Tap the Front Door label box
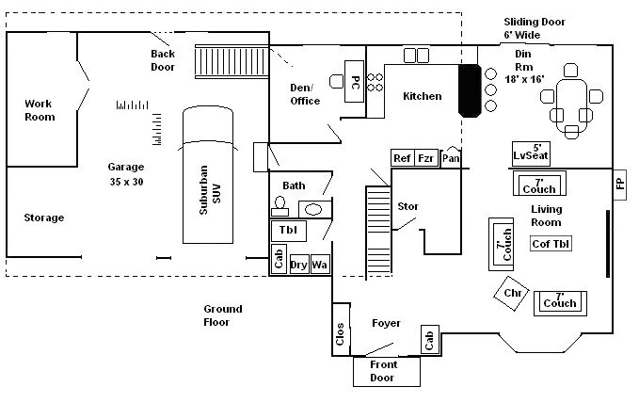[382, 372]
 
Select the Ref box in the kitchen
[402, 158]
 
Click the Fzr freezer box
[426, 158]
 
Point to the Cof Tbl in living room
[551, 244]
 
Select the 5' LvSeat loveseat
[532, 153]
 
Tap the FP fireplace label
[619, 184]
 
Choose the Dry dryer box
[299, 265]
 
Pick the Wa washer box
[320, 265]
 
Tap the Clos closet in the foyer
[340, 334]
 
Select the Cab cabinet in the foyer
[428, 339]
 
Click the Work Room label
[40, 110]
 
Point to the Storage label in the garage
[44, 218]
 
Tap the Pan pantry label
[452, 158]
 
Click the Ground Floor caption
[223, 315]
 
